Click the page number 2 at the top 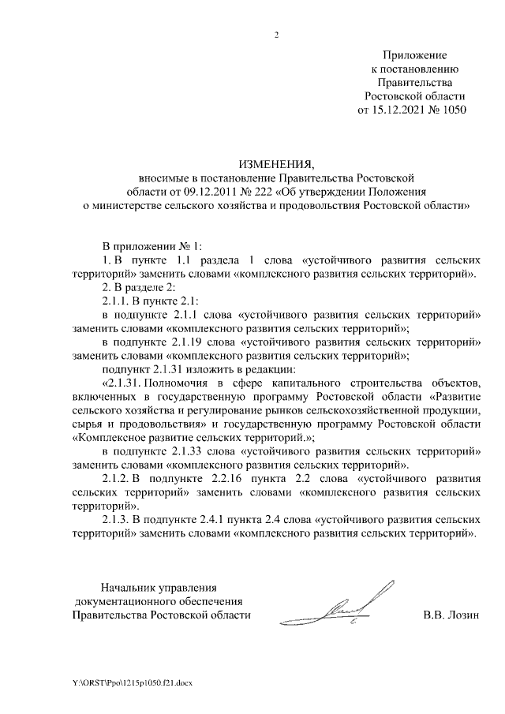coord(276,36)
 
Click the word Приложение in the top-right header coord(414,56)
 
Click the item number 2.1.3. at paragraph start coord(118,520)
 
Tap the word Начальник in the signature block coord(128,588)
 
